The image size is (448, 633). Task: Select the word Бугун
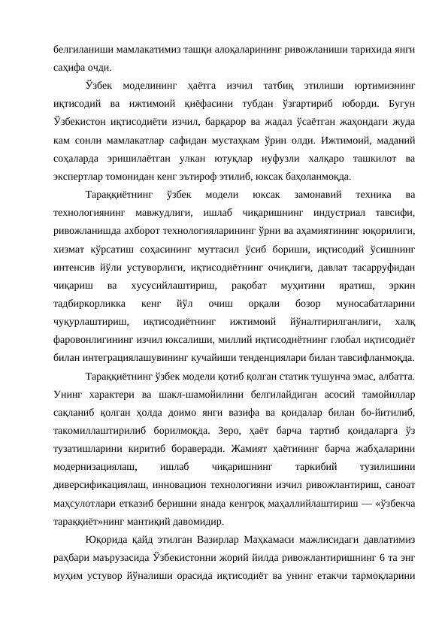coord(398,102)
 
